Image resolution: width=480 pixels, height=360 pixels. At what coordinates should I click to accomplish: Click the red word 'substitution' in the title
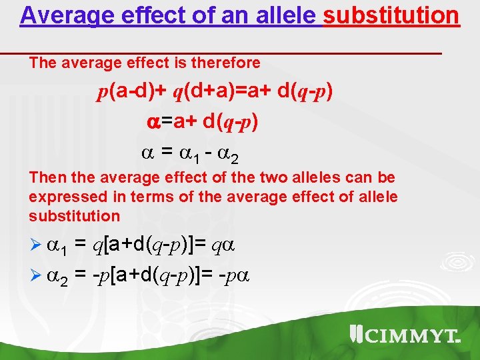[x=391, y=15]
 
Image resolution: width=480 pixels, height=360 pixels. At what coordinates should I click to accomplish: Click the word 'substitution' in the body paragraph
[x=74, y=216]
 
